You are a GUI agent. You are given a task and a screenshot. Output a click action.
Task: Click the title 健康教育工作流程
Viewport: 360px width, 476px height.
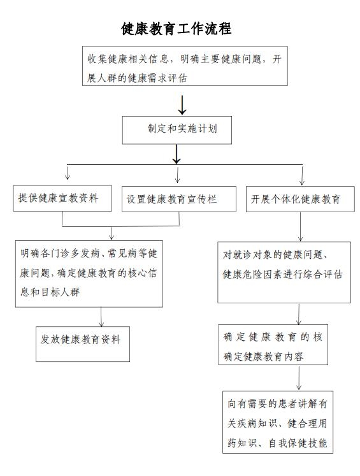176,29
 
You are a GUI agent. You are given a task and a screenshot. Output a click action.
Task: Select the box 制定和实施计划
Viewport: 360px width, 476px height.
176,129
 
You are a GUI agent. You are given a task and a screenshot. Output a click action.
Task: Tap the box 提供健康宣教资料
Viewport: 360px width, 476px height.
62,198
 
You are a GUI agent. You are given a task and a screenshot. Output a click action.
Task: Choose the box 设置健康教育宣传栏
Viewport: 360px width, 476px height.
179,199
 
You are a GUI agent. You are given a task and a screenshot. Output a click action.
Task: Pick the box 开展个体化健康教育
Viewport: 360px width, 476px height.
300,199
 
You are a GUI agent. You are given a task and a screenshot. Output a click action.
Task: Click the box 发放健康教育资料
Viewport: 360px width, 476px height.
83,344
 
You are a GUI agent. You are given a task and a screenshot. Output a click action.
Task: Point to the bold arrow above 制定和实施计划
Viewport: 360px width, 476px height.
182,105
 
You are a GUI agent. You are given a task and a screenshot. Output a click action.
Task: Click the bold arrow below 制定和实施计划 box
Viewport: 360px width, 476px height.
176,154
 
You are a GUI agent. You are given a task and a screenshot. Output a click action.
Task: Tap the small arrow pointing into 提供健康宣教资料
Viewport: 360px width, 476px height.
68,172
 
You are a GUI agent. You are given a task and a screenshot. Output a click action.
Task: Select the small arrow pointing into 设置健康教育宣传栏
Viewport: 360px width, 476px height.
178,174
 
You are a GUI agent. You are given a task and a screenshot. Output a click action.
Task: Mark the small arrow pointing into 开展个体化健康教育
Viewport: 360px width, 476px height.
302,175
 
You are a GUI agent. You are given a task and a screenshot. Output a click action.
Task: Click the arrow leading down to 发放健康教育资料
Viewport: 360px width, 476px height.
101,317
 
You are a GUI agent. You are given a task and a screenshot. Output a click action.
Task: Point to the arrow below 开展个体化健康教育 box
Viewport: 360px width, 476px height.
301,226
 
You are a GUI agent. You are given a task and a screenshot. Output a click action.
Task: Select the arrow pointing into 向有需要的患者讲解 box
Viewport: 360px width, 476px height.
299,378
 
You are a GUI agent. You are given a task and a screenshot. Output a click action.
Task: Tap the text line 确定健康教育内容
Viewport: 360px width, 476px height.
264,356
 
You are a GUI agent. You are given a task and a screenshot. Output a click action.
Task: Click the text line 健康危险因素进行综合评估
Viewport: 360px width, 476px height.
283,274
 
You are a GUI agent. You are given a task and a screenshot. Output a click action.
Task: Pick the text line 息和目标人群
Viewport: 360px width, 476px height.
50,292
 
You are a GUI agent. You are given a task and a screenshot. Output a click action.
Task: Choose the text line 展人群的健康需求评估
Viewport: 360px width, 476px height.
137,78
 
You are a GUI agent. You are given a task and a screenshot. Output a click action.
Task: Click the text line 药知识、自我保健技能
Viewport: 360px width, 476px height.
277,443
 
